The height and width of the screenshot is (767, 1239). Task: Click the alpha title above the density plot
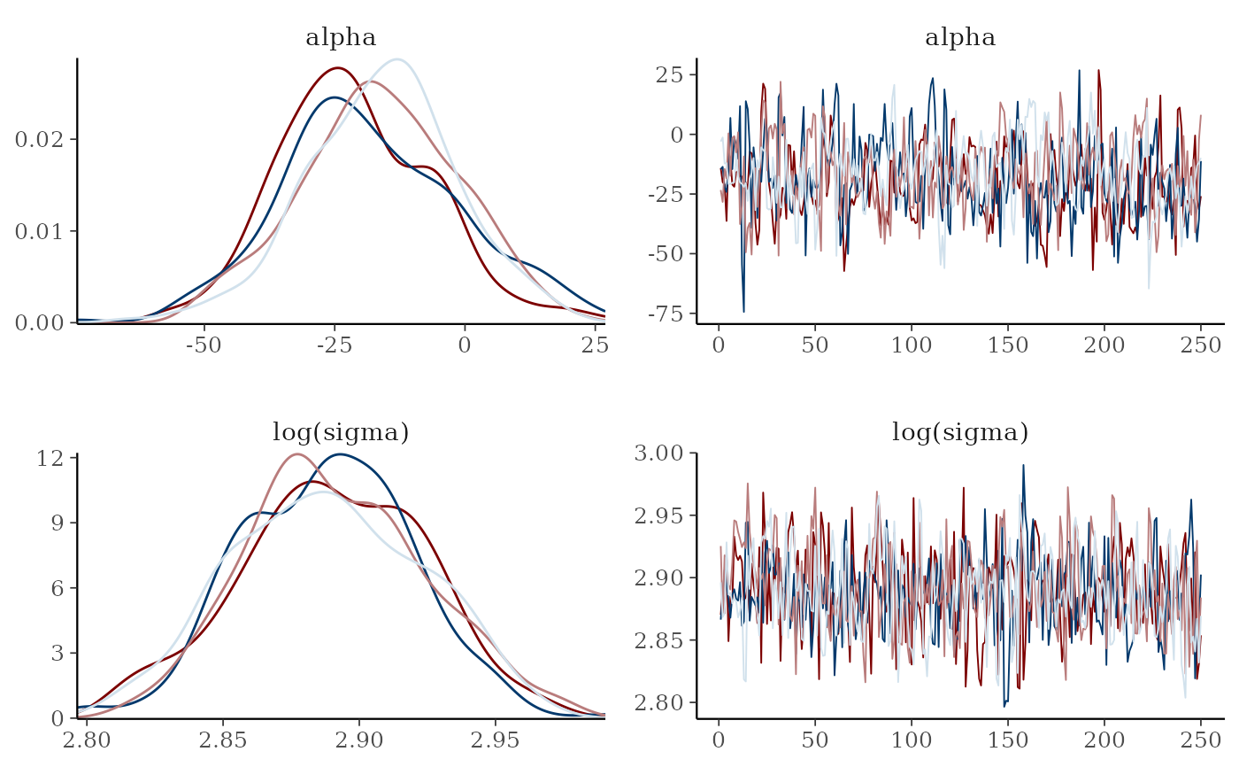tap(341, 38)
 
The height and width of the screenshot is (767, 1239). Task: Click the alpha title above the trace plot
tap(960, 38)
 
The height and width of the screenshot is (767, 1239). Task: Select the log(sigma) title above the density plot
tap(341, 433)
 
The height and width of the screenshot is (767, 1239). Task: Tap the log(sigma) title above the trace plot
tap(960, 433)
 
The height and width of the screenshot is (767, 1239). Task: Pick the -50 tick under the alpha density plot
tap(204, 344)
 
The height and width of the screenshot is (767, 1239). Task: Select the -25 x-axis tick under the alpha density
tap(334, 344)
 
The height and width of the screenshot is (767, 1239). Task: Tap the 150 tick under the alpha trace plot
tap(1009, 344)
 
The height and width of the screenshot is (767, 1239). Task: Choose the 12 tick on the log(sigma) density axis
tap(51, 458)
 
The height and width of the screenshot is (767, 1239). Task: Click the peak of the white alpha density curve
tap(398, 59)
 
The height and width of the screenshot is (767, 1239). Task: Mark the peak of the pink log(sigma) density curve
tap(296, 454)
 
